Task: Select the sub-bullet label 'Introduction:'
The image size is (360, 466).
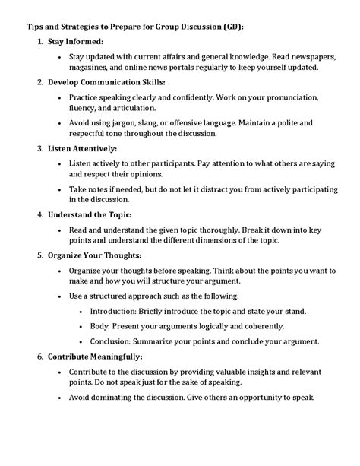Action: tap(112, 312)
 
